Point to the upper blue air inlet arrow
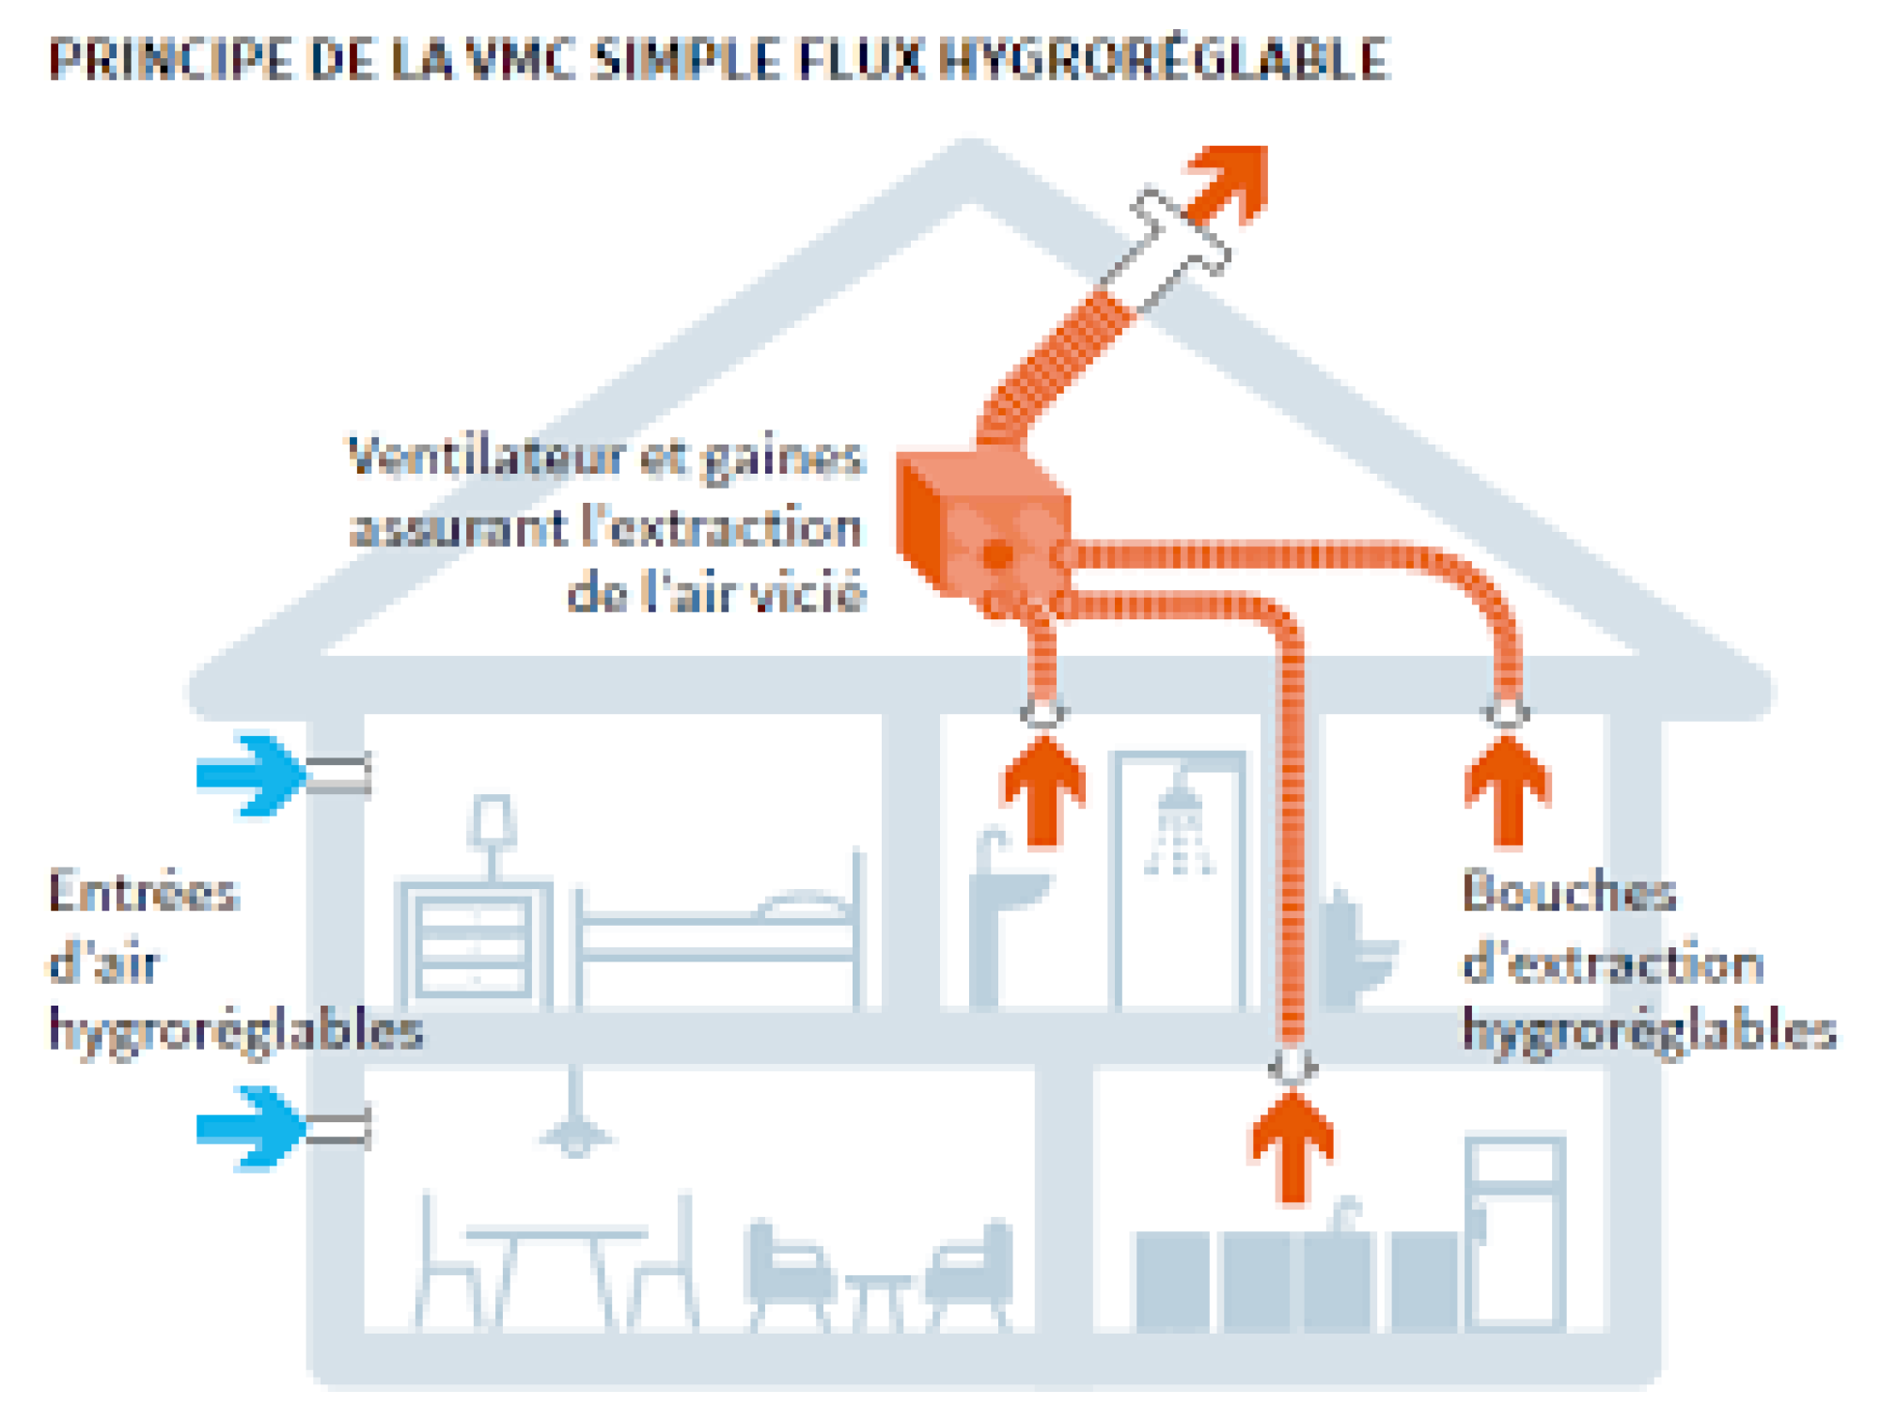click(249, 773)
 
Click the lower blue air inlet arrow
click(249, 1127)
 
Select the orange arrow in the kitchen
click(1292, 1147)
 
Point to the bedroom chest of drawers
click(475, 945)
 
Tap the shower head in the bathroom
click(1179, 799)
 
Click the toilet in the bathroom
click(1354, 949)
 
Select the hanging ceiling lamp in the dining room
click(575, 1132)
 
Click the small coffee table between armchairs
click(878, 1297)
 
